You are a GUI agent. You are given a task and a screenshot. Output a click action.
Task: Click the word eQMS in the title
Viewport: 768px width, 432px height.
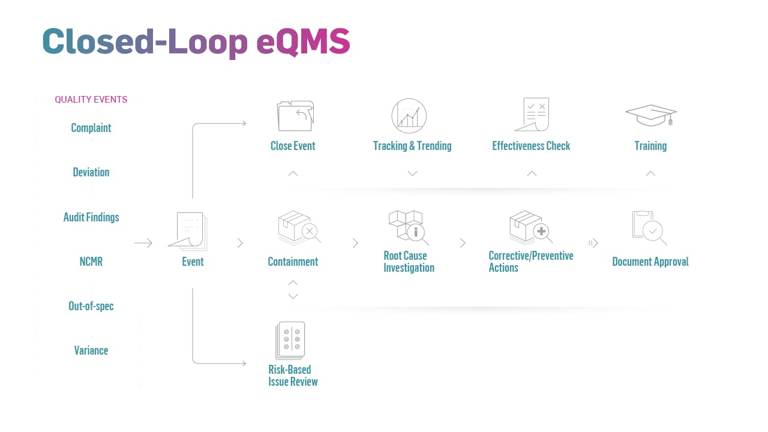pyautogui.click(x=303, y=42)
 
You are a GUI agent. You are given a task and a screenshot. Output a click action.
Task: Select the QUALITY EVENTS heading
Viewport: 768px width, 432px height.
pyautogui.click(x=91, y=100)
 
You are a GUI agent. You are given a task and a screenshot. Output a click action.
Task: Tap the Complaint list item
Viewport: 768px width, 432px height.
pyautogui.click(x=91, y=128)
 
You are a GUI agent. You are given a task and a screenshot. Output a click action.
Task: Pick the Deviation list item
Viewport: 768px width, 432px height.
pyautogui.click(x=91, y=172)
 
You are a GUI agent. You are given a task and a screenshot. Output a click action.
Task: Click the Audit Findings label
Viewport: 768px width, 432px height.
pyautogui.click(x=91, y=217)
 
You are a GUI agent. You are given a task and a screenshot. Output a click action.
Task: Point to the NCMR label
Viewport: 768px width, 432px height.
pyautogui.click(x=91, y=262)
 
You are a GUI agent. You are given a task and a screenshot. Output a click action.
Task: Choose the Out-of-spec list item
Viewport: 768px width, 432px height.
pyautogui.click(x=91, y=306)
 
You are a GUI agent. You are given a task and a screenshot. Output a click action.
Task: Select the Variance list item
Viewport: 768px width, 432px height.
pyautogui.click(x=91, y=350)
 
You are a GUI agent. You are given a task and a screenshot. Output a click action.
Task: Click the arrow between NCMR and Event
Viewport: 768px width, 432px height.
pyautogui.click(x=143, y=243)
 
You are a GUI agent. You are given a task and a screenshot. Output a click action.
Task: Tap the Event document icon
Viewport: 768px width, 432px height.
pyautogui.click(x=188, y=231)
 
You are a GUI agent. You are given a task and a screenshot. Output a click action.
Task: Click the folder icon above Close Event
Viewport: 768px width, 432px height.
pyautogui.click(x=295, y=116)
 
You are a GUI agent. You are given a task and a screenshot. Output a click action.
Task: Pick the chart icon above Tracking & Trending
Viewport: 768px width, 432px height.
pyautogui.click(x=409, y=116)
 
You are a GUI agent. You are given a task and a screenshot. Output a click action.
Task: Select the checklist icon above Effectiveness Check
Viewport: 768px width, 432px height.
pyautogui.click(x=532, y=114)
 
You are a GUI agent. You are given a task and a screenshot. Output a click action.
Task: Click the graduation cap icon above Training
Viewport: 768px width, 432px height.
pyautogui.click(x=651, y=115)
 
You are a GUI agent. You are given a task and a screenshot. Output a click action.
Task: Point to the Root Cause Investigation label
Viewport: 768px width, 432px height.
pyautogui.click(x=409, y=262)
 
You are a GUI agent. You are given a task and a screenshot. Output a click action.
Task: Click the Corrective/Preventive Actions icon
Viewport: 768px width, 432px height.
pyautogui.click(x=530, y=227)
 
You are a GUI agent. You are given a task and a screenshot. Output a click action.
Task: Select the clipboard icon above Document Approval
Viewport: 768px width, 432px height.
pyautogui.click(x=649, y=227)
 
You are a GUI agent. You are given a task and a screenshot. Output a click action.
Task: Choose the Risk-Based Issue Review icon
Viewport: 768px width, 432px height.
pyautogui.click(x=291, y=340)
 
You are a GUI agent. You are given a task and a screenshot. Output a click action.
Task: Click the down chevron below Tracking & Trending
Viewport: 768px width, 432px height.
pyautogui.click(x=412, y=173)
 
